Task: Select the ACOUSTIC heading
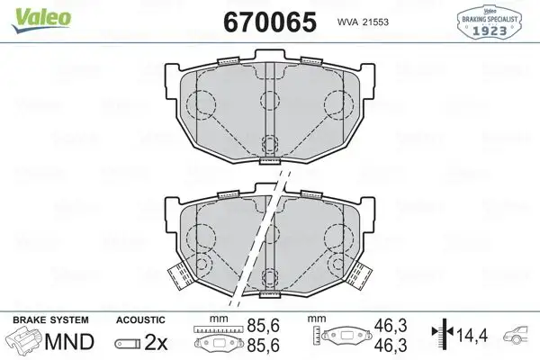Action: pyautogui.click(x=140, y=319)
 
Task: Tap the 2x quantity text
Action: pyautogui.click(x=157, y=342)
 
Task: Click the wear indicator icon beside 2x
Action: pyautogui.click(x=128, y=343)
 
